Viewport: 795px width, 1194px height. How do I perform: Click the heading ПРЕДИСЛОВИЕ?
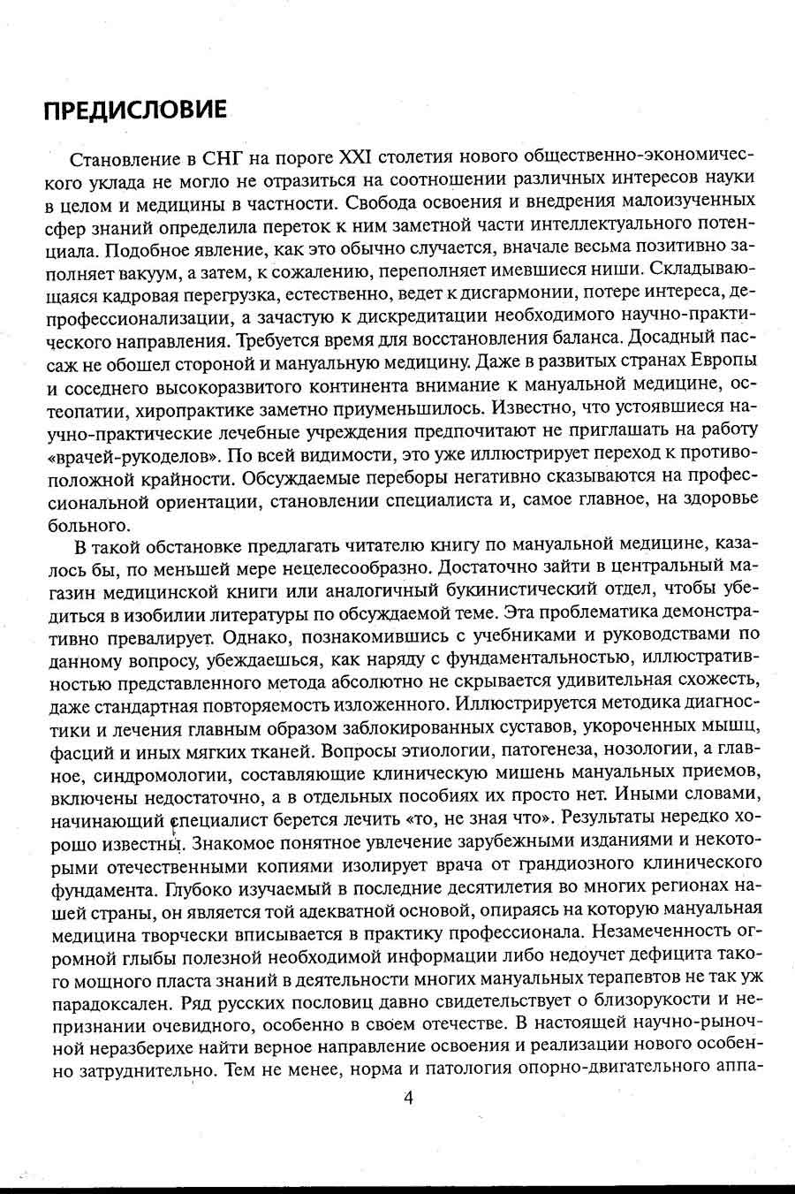coord(135,110)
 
